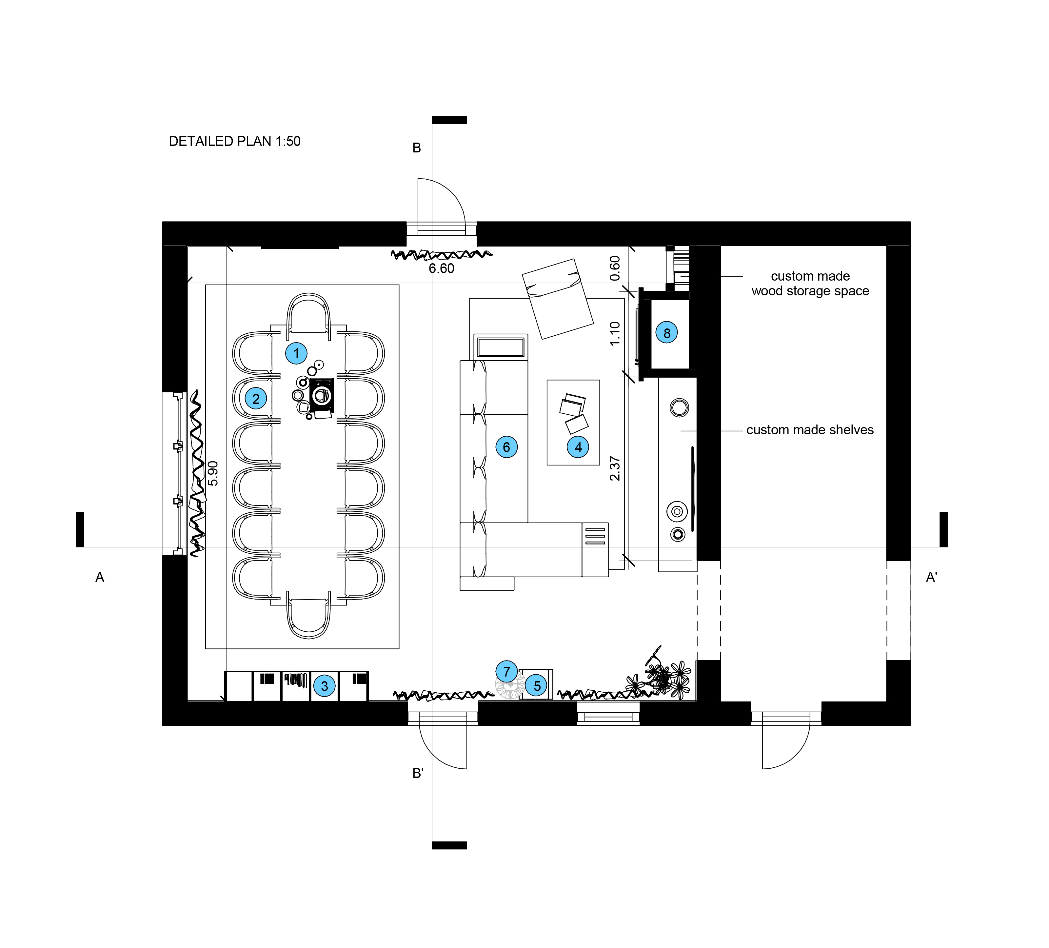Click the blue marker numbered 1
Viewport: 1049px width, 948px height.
point(296,354)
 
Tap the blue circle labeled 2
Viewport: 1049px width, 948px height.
point(255,399)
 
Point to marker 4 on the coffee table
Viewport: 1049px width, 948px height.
point(578,447)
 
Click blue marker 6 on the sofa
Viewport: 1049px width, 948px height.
point(506,447)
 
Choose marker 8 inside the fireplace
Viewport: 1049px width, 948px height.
point(666,333)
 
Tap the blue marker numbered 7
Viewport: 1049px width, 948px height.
point(506,671)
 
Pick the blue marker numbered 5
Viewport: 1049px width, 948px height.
point(537,686)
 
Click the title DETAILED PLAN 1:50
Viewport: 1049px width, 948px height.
point(235,142)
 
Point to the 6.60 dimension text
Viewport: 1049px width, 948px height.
point(441,268)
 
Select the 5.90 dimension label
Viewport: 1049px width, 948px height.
point(213,473)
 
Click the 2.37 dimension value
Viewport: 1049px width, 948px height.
point(615,468)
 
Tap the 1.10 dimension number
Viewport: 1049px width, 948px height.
point(615,333)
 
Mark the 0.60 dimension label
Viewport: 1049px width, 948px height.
point(615,268)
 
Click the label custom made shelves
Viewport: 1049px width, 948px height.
point(810,430)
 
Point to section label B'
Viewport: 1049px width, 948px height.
point(418,773)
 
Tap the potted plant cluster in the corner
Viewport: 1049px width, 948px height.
point(663,679)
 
